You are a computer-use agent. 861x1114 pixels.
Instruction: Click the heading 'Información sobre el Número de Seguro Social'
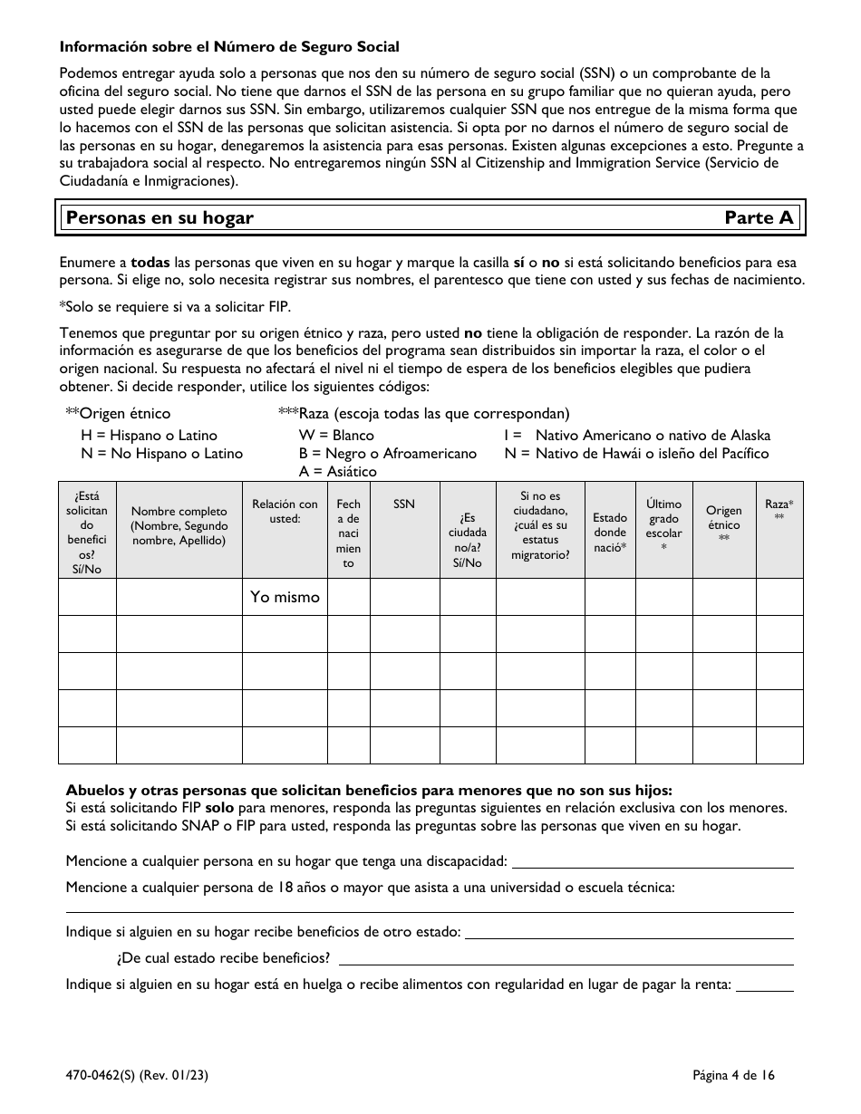click(x=229, y=46)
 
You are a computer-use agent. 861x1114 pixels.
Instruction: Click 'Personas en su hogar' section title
click(x=160, y=217)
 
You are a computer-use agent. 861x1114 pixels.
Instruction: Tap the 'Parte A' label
click(x=759, y=217)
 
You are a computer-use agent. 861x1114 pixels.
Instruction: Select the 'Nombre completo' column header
click(x=179, y=526)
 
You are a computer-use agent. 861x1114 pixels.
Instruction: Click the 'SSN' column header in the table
click(x=404, y=504)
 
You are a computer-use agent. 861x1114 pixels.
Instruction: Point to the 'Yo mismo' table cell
click(x=285, y=597)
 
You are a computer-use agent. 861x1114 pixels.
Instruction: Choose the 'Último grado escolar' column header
click(x=663, y=526)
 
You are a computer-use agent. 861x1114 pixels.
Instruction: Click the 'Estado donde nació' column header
click(x=610, y=533)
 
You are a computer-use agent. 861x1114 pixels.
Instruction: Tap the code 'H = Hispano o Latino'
click(x=150, y=436)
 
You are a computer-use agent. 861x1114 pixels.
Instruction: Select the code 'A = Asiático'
click(x=337, y=471)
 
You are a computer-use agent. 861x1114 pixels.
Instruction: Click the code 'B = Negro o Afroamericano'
click(x=387, y=453)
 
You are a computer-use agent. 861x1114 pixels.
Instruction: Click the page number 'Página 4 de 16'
click(x=733, y=1076)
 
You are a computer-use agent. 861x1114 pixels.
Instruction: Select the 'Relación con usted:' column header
click(x=285, y=512)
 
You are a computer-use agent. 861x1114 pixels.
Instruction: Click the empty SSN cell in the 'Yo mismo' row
click(x=404, y=597)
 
